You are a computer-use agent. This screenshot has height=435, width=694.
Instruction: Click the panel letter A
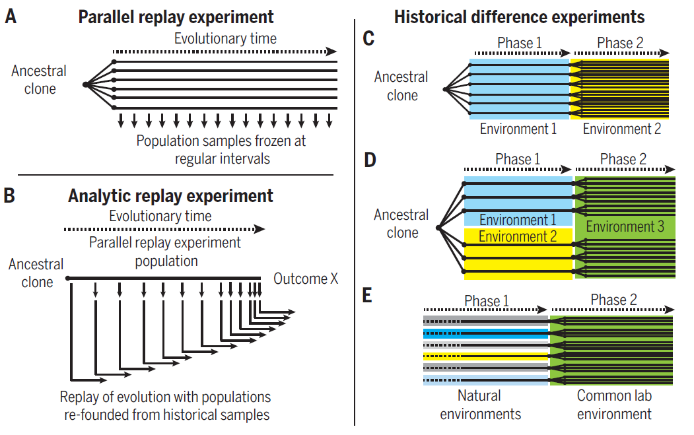click(x=11, y=17)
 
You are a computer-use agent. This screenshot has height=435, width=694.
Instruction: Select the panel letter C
click(x=368, y=39)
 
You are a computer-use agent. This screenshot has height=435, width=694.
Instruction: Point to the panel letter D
click(x=369, y=160)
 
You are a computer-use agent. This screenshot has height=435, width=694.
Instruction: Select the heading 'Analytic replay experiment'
click(x=170, y=196)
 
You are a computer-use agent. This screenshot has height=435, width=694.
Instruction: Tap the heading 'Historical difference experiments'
click(x=520, y=17)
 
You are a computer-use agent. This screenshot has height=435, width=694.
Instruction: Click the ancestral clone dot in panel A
click(x=86, y=84)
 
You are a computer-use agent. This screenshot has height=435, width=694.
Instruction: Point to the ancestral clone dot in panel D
click(x=438, y=228)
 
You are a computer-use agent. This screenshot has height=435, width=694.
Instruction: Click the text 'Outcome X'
click(x=306, y=279)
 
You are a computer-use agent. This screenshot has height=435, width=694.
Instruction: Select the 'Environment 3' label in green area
click(x=625, y=227)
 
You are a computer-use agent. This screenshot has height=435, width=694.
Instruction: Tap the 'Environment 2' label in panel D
click(x=518, y=236)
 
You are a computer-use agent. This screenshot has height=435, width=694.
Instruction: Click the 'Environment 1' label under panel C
click(x=518, y=129)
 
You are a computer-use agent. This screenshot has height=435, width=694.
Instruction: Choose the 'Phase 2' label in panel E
click(x=613, y=300)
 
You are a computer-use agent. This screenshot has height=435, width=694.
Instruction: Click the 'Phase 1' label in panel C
click(x=519, y=44)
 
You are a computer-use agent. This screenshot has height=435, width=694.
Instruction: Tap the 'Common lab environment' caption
click(x=614, y=405)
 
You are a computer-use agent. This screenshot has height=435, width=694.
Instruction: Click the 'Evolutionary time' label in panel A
click(x=225, y=38)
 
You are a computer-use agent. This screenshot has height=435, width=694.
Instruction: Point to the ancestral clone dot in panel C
click(x=446, y=88)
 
